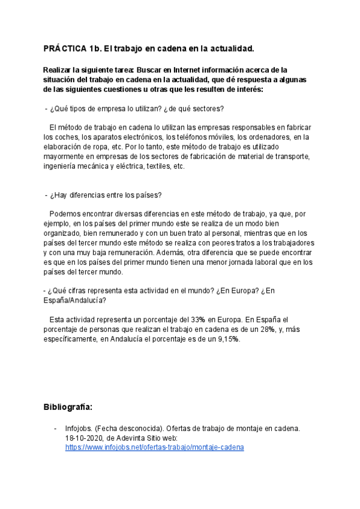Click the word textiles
155,166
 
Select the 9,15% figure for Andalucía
225,339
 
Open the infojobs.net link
154,447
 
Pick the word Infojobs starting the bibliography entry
79,429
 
